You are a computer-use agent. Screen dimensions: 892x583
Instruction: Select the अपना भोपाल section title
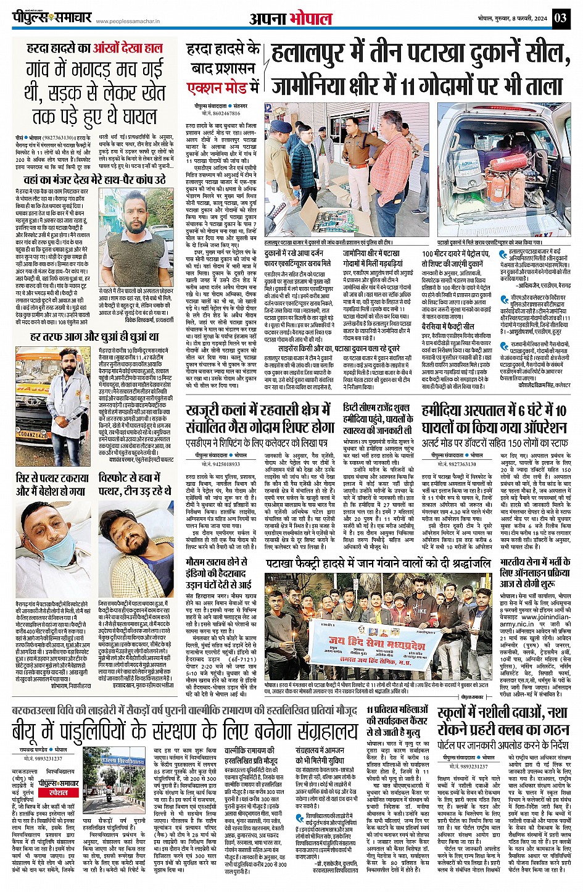[291, 18]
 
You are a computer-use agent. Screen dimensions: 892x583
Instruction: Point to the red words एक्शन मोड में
[223, 86]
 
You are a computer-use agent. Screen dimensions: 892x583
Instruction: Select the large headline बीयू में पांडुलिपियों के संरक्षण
[185, 733]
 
